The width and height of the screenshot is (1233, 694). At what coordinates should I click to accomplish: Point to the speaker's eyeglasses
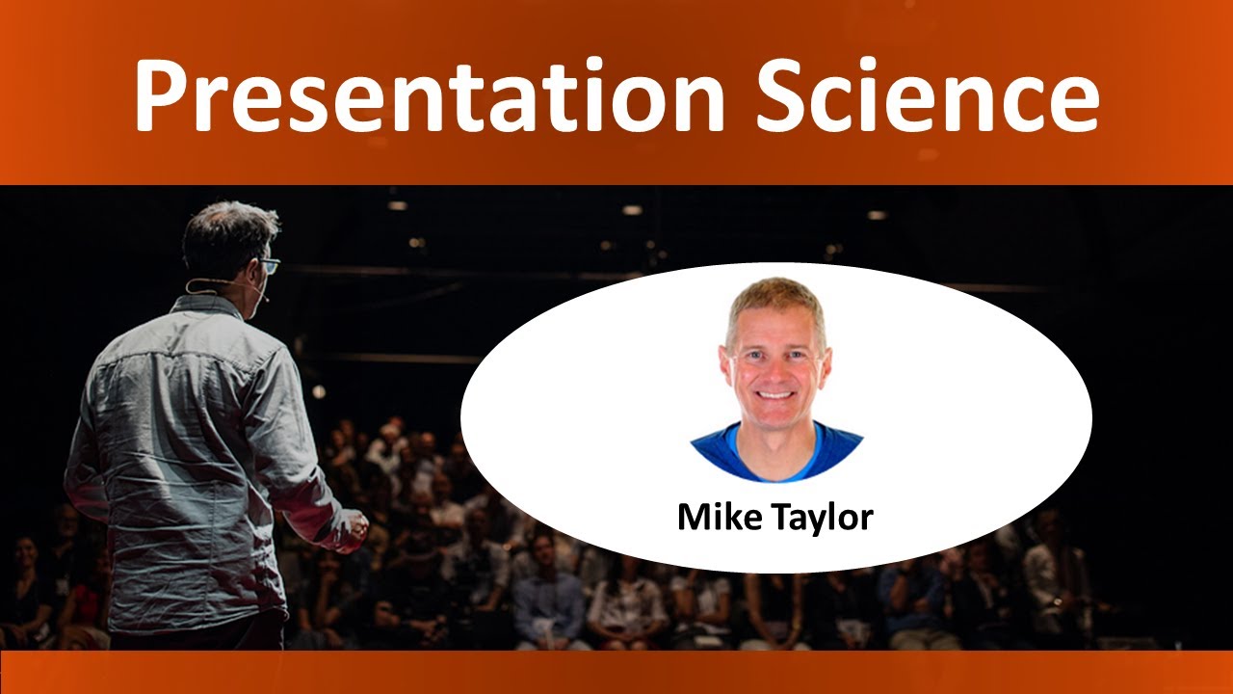(x=269, y=265)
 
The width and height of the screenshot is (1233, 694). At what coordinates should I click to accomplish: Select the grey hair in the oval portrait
(x=775, y=292)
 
